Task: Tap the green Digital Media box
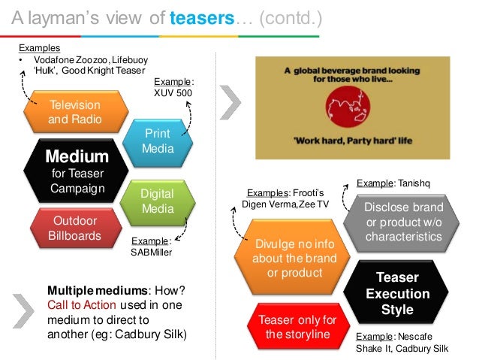click(158, 201)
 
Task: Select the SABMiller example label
click(152, 252)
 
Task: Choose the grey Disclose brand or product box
click(404, 221)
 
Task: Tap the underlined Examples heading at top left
click(36, 47)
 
